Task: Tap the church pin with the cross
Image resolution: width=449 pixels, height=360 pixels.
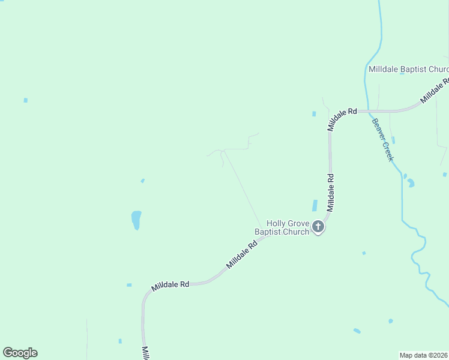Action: click(x=318, y=227)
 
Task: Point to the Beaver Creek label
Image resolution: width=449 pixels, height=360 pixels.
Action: click(x=382, y=139)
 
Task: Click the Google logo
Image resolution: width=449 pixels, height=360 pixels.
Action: click(x=20, y=353)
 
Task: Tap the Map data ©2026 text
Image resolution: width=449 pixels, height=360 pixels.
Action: click(x=423, y=355)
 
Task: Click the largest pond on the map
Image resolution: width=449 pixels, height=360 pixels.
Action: click(x=136, y=220)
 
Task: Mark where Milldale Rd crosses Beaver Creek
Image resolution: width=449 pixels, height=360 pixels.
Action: click(x=367, y=111)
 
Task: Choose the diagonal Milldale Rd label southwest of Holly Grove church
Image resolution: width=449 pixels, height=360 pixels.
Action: click(x=241, y=254)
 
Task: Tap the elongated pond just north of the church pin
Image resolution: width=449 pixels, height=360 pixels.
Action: click(x=315, y=205)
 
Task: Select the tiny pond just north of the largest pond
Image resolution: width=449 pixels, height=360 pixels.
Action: click(x=142, y=180)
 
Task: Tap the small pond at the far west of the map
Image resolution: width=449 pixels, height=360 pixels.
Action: click(x=25, y=100)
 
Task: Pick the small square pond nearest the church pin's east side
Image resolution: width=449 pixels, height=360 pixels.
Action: click(x=364, y=253)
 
